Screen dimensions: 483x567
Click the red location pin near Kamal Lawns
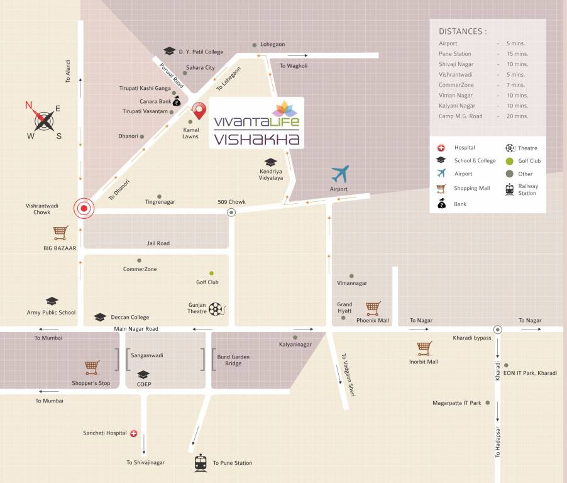[x=199, y=110]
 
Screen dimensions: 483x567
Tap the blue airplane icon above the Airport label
[x=339, y=174]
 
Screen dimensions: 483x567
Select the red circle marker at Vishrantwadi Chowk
[x=84, y=208]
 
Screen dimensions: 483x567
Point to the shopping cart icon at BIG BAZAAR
[x=60, y=233]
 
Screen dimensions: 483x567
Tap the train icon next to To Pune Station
[x=201, y=462]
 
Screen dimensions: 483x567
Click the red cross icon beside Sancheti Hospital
[x=133, y=433]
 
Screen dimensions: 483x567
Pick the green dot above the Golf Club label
[x=211, y=273]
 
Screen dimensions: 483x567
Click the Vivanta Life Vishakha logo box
[x=256, y=123]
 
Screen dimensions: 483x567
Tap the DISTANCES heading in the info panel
[x=463, y=31]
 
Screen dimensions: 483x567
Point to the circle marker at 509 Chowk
[x=231, y=213]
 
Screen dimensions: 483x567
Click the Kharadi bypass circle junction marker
[x=497, y=330]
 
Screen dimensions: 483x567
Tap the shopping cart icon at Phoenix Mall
[x=373, y=308]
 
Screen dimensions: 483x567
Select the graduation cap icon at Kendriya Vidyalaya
[x=270, y=162]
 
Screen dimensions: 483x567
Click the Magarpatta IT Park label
[x=456, y=402]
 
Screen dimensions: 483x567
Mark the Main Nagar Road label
[x=136, y=329]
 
